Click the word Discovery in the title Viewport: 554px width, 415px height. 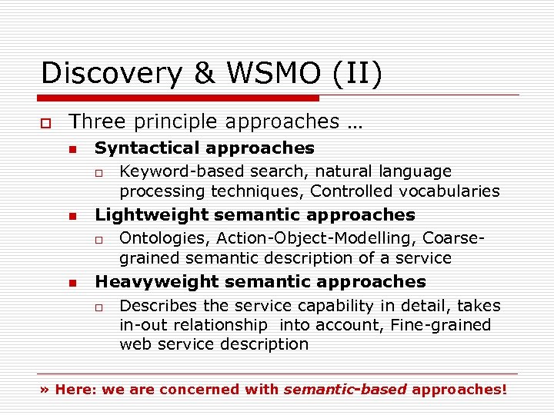pos(110,73)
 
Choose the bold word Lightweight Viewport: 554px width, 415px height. pos(151,215)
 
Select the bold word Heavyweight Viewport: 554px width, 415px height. pos(155,282)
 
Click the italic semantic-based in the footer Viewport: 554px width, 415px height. pos(345,390)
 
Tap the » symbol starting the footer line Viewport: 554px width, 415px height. pos(45,390)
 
